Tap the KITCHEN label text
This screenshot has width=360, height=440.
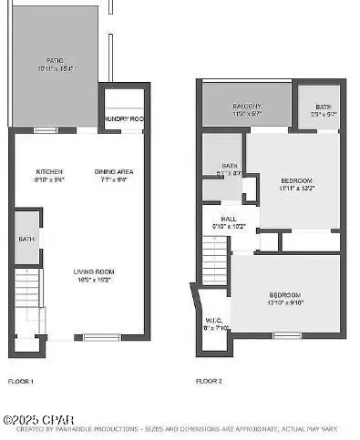(x=48, y=171)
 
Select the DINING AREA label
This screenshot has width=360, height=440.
(x=114, y=171)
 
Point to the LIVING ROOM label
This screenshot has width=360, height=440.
(x=94, y=271)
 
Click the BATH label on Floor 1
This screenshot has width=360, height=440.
(x=26, y=240)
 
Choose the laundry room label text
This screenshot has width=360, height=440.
(x=122, y=118)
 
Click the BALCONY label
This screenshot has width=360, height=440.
(x=246, y=106)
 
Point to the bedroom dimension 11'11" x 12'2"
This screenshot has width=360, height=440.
(x=296, y=189)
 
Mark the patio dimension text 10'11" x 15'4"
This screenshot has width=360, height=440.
(x=54, y=69)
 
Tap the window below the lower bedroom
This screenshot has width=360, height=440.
(x=286, y=335)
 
